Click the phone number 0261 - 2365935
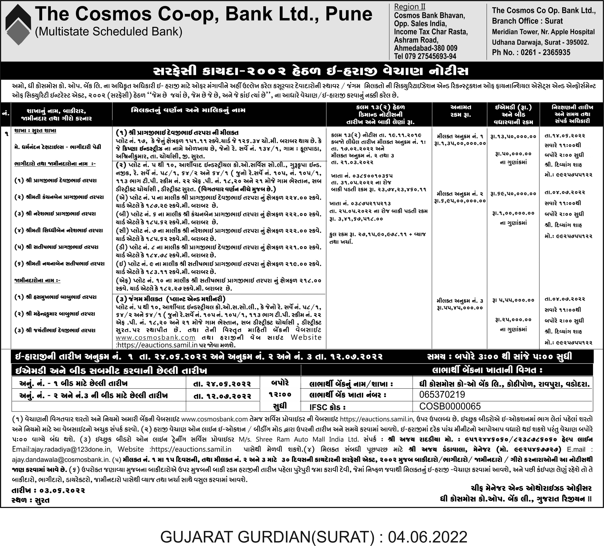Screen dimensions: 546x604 545,53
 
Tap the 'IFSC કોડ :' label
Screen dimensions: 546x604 327,407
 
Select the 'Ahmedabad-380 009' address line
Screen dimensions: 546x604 425,48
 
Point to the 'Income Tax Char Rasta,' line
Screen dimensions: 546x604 430,32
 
